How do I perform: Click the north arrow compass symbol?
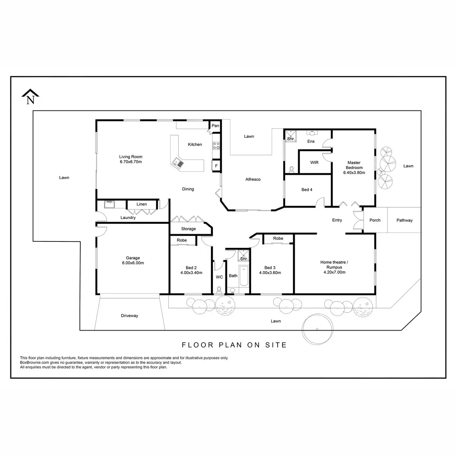pyautogui.click(x=30, y=97)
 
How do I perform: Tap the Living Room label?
pyautogui.click(x=131, y=159)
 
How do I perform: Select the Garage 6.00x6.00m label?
pyautogui.click(x=133, y=260)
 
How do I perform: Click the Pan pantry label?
pyautogui.click(x=216, y=126)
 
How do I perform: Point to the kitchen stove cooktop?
pyautogui.click(x=216, y=145)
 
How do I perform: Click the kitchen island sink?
pyautogui.click(x=178, y=163)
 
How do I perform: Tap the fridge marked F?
pyautogui.click(x=216, y=166)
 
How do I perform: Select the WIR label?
pyautogui.click(x=314, y=163)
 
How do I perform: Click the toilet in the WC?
pyautogui.click(x=219, y=289)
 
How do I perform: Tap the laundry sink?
pyautogui.click(x=110, y=204)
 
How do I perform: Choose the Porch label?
pyautogui.click(x=375, y=220)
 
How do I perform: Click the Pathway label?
pyautogui.click(x=404, y=220)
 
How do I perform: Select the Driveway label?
pyautogui.click(x=129, y=316)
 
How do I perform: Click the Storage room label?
pyautogui.click(x=189, y=229)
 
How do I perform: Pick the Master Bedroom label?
pyautogui.click(x=354, y=168)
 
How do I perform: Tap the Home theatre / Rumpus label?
pyautogui.click(x=334, y=267)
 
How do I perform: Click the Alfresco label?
pyautogui.click(x=253, y=179)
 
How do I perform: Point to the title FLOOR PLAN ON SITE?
pyautogui.click(x=234, y=345)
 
